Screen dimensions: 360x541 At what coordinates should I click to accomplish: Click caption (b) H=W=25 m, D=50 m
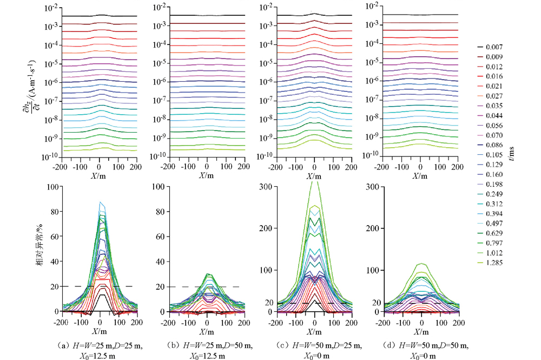(x=207, y=344)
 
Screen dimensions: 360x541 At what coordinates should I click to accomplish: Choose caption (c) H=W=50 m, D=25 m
(x=314, y=344)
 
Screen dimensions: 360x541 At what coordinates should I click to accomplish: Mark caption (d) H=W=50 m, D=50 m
(x=421, y=344)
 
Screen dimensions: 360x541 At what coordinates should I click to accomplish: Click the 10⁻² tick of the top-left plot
(x=51, y=7)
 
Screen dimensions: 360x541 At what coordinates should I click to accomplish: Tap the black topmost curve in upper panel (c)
(x=314, y=14)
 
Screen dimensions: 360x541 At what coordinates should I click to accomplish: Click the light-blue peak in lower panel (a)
(x=100, y=202)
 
